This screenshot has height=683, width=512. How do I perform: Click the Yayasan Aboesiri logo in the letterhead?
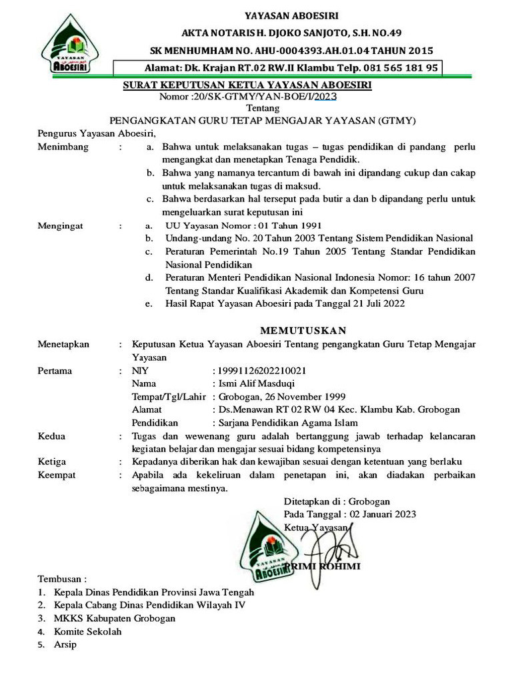pos(65,45)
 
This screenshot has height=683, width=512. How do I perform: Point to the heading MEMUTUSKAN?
pos(303,331)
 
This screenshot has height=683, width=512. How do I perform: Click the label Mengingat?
pos(61,226)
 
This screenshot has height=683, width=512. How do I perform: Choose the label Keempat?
pos(57,475)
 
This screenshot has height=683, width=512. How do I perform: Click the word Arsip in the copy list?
pos(65,645)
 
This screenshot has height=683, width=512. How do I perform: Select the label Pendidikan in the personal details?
pos(155,423)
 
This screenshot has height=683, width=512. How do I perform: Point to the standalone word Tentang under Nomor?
pos(263,108)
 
